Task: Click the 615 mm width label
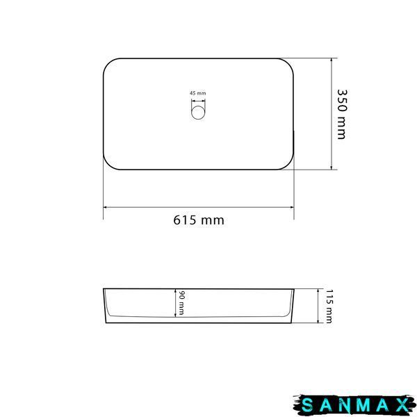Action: [199, 220]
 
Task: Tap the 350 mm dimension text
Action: [342, 114]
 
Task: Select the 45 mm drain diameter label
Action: [198, 93]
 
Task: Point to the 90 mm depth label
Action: [181, 303]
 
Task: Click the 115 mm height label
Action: [329, 306]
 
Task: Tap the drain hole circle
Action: [198, 113]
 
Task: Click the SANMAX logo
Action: [354, 406]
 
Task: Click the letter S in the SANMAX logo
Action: [307, 406]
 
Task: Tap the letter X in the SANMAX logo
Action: [402, 406]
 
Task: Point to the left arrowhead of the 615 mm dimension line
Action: [106, 207]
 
